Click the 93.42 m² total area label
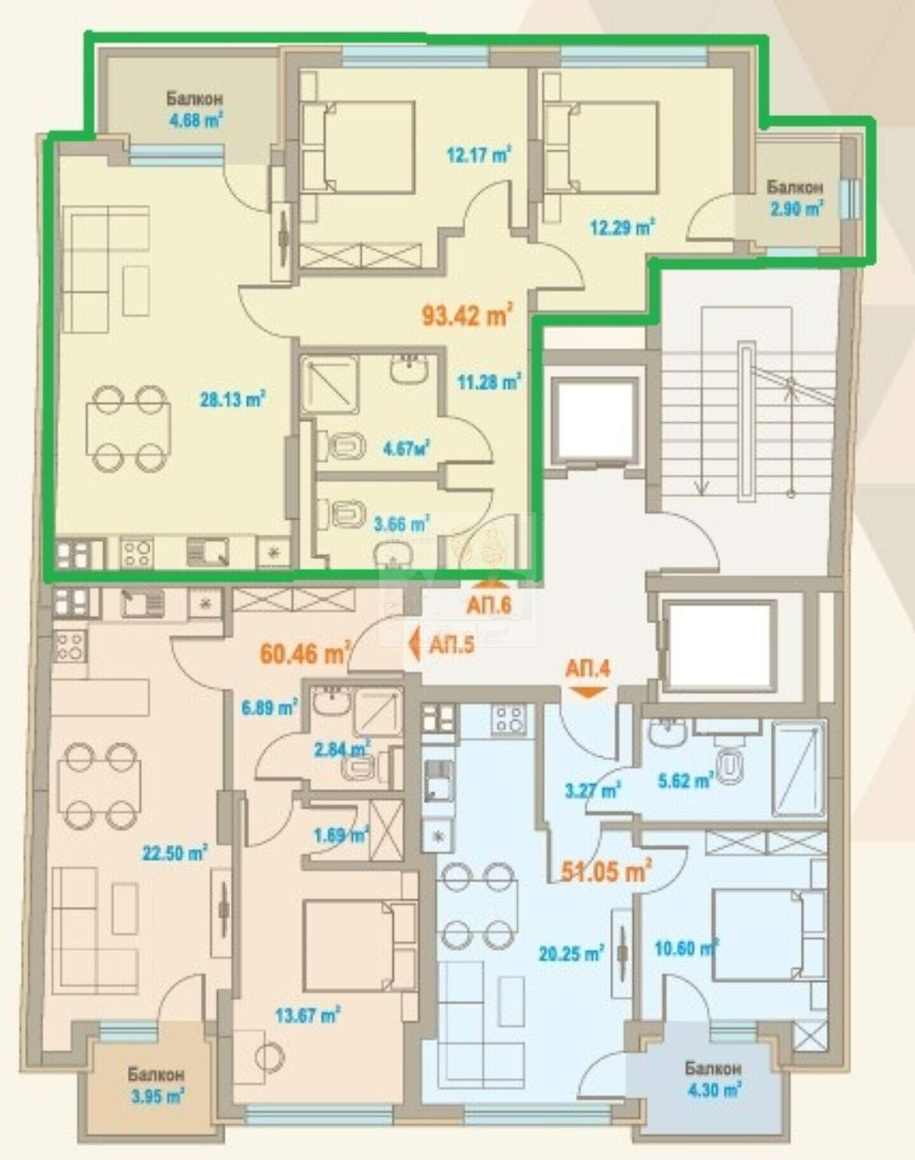click(467, 314)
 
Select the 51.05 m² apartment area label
click(607, 871)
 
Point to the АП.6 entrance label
click(489, 604)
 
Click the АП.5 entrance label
click(452, 646)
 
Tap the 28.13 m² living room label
click(233, 400)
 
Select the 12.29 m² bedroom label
click(623, 227)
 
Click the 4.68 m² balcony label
click(194, 120)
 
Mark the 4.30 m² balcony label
click(714, 1090)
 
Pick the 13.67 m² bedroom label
click(308, 1015)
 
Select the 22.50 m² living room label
click(175, 853)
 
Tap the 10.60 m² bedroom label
click(686, 949)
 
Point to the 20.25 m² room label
click(571, 952)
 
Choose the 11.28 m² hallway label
click(489, 382)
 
